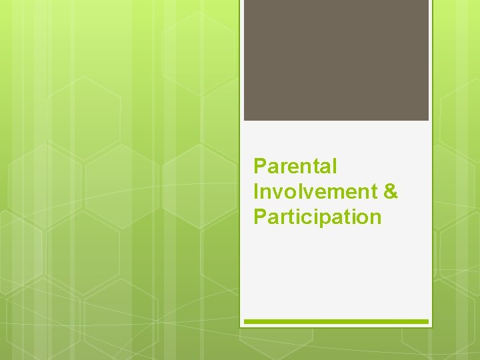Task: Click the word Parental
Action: tap(295, 166)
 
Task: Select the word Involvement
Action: tap(315, 191)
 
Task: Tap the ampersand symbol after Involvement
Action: tap(391, 191)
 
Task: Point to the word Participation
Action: tap(317, 217)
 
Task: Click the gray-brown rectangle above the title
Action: tap(336, 60)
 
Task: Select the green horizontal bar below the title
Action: tap(336, 321)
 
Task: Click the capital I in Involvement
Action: tap(256, 191)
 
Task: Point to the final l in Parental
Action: tap(335, 166)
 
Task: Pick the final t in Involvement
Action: tap(375, 192)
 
